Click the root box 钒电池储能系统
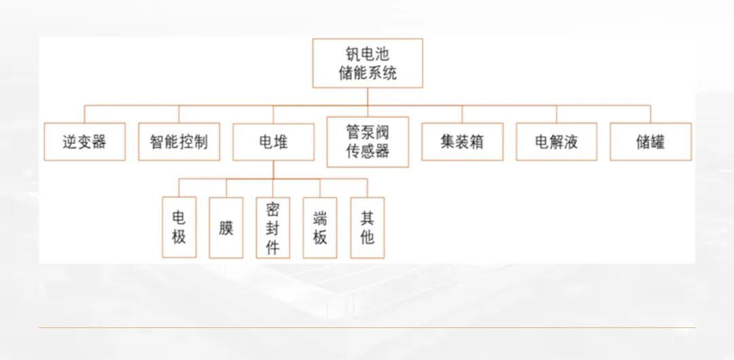(368, 63)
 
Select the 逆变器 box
(85, 142)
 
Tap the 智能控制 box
(179, 142)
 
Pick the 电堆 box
(273, 142)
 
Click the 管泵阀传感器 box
(368, 142)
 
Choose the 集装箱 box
(463, 142)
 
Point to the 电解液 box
(557, 142)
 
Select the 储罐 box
(650, 142)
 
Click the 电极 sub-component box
(179, 227)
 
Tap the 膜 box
(226, 228)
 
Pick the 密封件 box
(273, 228)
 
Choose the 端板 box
(320, 228)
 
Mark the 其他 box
(368, 228)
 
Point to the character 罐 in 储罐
(658, 142)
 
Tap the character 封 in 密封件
(273, 228)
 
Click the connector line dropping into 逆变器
(85, 114)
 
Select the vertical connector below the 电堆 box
(273, 170)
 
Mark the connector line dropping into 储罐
(650, 114)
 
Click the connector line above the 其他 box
(368, 187)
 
